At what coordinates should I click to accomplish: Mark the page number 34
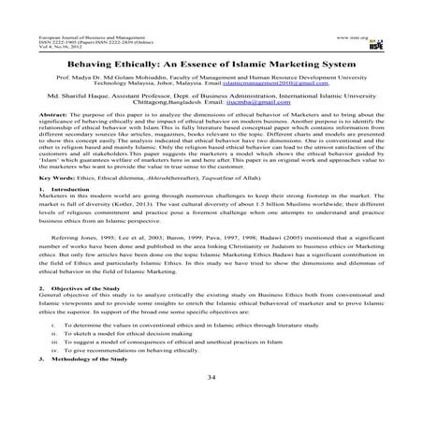211,403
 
